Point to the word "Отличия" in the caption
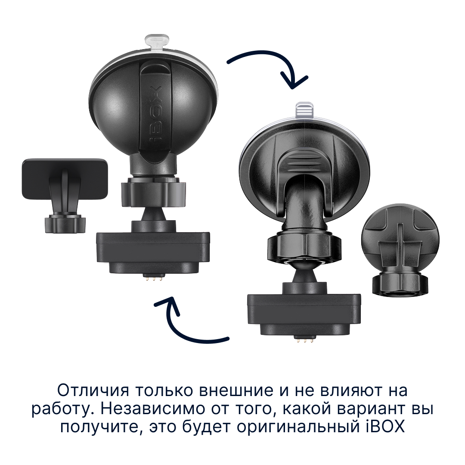coord(93,390)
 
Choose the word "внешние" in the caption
coord(236,391)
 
